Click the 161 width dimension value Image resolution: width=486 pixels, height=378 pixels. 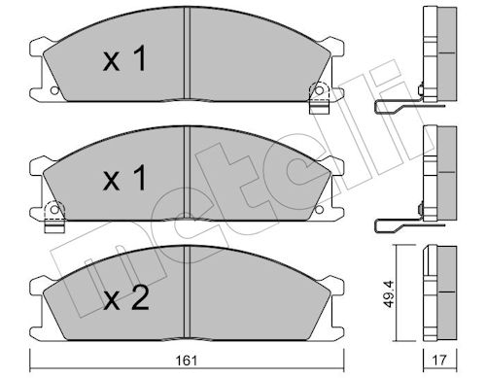[x=187, y=361]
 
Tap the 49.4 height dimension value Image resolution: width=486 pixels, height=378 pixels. [x=389, y=293]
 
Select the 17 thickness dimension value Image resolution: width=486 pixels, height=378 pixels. [x=439, y=361]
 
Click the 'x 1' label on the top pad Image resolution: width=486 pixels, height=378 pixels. [x=124, y=58]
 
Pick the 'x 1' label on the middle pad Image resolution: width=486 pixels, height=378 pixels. [x=124, y=177]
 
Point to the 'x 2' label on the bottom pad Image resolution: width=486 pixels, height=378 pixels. [x=126, y=297]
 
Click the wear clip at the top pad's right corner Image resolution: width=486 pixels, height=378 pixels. [x=319, y=98]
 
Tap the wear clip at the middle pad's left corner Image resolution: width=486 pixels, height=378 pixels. [x=54, y=217]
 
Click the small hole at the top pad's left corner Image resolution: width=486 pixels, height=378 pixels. [x=54, y=90]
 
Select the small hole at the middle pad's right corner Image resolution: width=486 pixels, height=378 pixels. [x=319, y=210]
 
